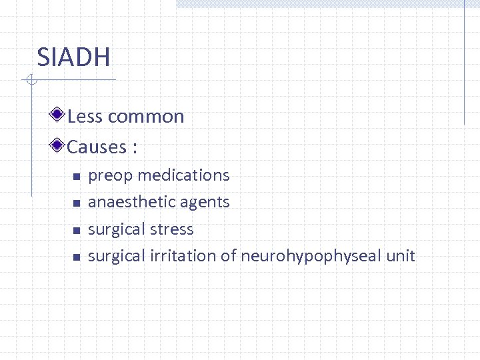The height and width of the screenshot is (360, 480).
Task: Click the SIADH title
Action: click(73, 57)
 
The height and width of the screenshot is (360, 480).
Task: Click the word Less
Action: click(84, 117)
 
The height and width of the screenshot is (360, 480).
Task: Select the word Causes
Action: click(97, 147)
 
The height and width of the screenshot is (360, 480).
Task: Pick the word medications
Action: click(183, 175)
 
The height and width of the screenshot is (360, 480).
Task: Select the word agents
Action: click(207, 203)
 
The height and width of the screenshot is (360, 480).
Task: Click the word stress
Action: click(172, 229)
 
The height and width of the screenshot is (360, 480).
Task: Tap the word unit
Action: click(401, 256)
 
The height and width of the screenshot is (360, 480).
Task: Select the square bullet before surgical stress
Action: click(76, 231)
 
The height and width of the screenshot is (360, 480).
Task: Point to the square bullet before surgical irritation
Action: click(76, 257)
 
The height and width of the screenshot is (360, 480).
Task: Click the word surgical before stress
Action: click(116, 229)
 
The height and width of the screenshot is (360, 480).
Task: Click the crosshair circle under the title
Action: click(29, 81)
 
